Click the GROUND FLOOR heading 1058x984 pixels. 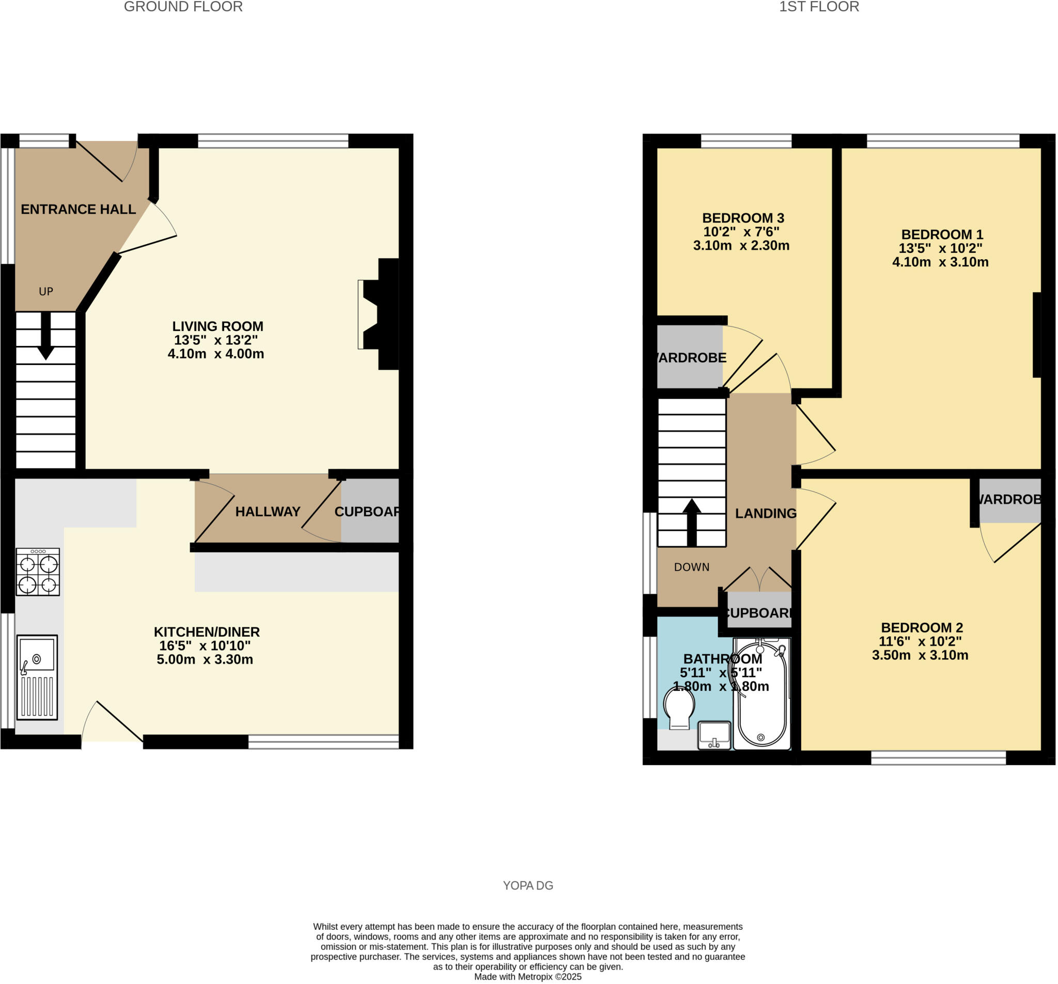click(183, 7)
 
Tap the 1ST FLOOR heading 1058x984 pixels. click(818, 7)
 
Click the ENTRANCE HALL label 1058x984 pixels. click(78, 209)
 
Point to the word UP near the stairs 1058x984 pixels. click(46, 292)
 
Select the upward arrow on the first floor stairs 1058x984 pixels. click(691, 522)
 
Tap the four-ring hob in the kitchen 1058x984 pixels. click(38, 573)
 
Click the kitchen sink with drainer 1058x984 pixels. click(37, 677)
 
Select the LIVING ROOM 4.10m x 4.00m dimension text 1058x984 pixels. click(215, 354)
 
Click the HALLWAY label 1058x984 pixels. click(268, 512)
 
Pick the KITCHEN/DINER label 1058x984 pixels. click(207, 632)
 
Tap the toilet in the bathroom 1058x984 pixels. click(680, 707)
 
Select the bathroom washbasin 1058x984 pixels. click(714, 735)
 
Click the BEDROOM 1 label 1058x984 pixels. click(942, 234)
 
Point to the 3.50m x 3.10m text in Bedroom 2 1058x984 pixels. click(920, 655)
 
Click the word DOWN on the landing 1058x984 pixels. click(691, 567)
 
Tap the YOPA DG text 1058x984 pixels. click(528, 885)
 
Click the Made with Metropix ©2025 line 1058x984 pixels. click(527, 977)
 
